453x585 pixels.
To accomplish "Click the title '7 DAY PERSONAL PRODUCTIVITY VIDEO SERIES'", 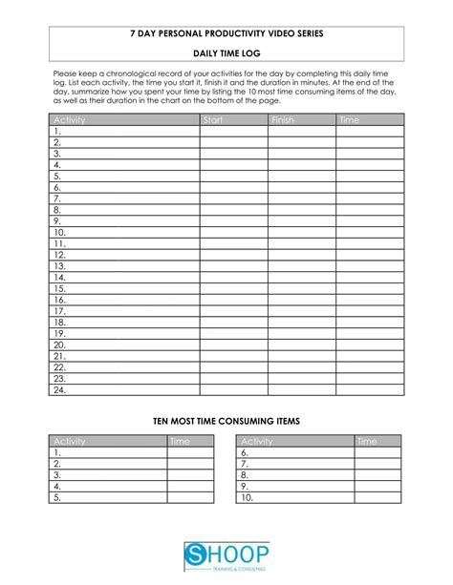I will pos(226,33).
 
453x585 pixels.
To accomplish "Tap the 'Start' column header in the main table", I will pos(213,119).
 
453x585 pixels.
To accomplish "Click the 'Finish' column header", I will pos(283,119).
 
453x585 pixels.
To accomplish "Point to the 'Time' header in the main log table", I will pos(349,119).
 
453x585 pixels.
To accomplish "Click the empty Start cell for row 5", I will pos(233,176).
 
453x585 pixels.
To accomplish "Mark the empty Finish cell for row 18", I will pos(301,323).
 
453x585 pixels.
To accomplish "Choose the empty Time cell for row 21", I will pos(370,356).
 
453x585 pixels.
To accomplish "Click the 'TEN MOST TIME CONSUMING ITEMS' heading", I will pos(226,420).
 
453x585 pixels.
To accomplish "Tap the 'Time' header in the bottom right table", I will pos(366,441).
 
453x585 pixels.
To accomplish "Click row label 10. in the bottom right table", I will pos(247,497).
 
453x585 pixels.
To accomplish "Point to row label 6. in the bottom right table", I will pos(245,452).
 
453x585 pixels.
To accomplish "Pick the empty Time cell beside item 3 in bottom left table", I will pos(190,474).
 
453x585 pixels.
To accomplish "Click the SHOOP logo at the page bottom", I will pos(226,555).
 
